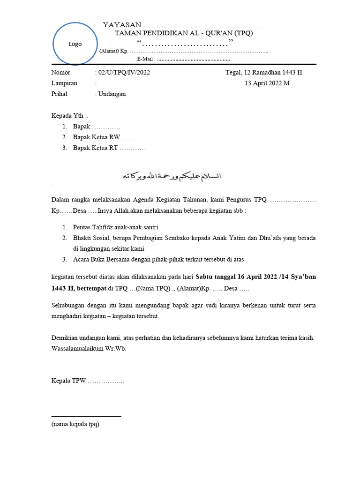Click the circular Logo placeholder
click(75, 44)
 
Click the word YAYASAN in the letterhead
click(121, 25)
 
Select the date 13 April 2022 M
click(267, 83)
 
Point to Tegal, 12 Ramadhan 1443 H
click(264, 73)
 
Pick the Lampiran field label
click(64, 83)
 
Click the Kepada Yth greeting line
click(69, 116)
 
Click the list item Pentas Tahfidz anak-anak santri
click(115, 227)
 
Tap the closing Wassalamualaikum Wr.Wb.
click(89, 349)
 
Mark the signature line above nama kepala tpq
click(86, 416)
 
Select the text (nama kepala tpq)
click(75, 424)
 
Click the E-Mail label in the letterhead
click(146, 59)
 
